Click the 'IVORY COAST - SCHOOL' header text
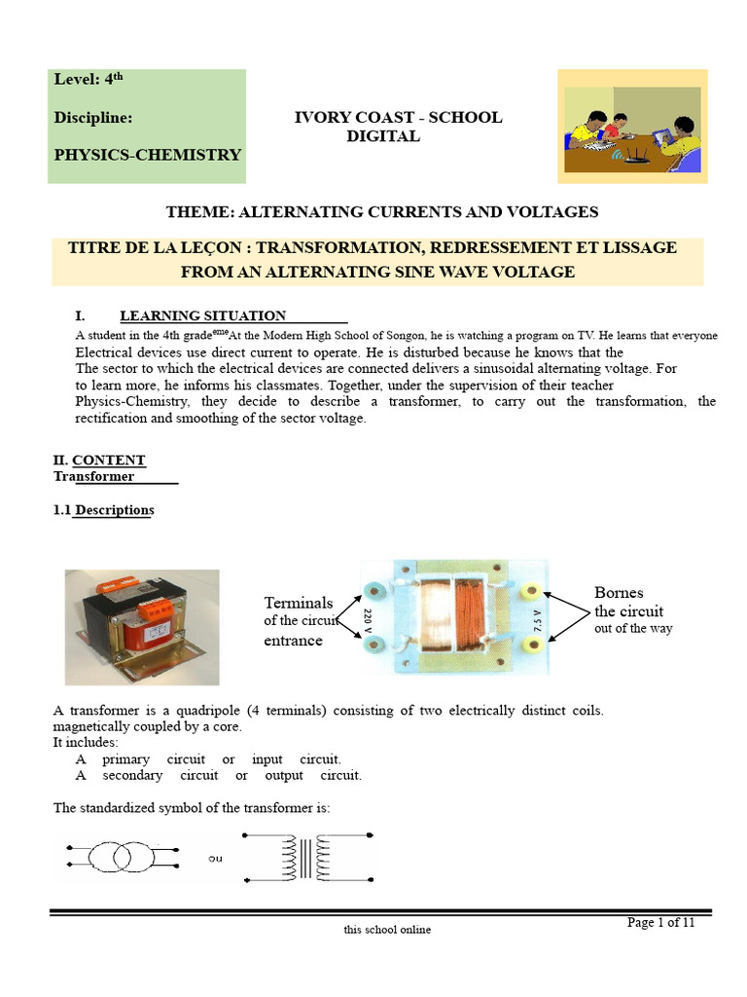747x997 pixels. click(x=398, y=117)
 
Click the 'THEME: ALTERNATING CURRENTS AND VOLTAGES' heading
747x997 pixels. click(x=381, y=211)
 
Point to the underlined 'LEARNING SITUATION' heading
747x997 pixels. click(x=202, y=315)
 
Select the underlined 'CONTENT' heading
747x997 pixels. click(x=109, y=460)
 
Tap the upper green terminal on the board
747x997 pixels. click(x=372, y=592)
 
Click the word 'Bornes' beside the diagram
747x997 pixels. click(x=619, y=592)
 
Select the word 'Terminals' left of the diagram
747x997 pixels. click(x=299, y=603)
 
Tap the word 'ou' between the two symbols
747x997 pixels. click(x=215, y=859)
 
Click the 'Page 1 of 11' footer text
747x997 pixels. click(x=661, y=923)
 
